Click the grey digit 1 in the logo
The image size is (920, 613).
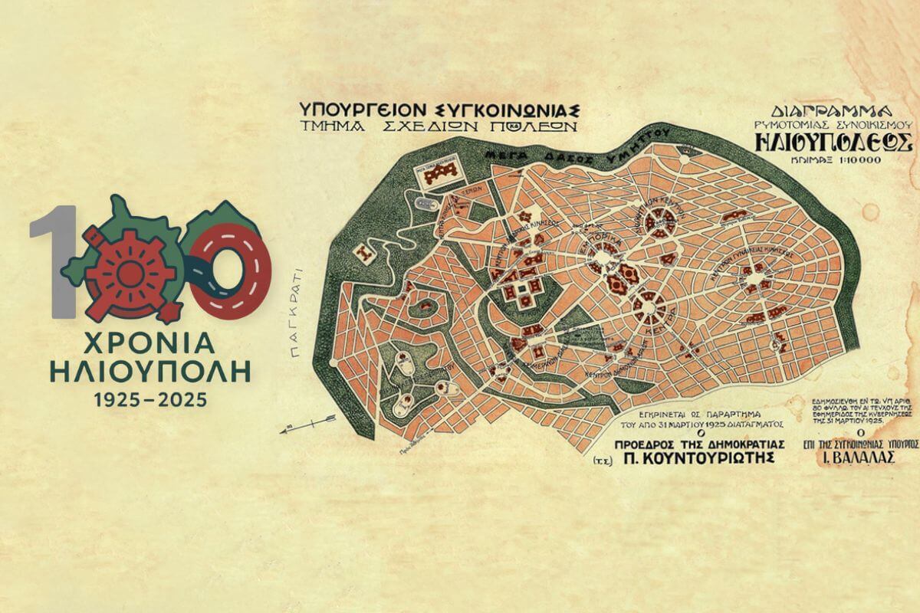pyautogui.click(x=53, y=261)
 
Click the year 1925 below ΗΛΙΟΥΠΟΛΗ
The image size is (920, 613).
pyautogui.click(x=117, y=398)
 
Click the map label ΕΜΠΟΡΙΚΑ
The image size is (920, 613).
pyautogui.click(x=600, y=241)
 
